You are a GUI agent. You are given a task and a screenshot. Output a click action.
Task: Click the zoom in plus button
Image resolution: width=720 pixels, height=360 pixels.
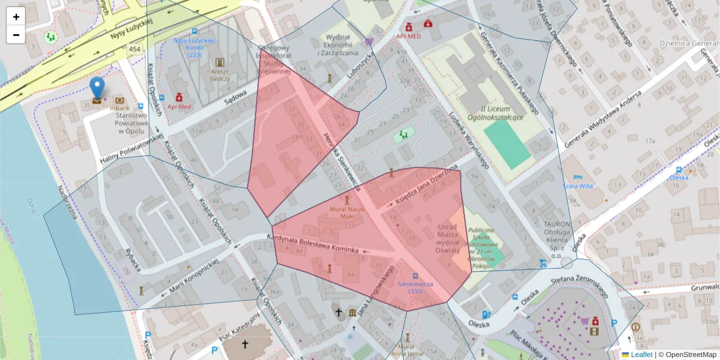pos(16,17)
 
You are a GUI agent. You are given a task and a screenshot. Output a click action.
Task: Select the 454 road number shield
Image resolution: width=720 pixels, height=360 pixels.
pos(134,49)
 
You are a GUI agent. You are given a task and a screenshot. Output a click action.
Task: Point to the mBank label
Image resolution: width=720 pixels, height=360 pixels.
pos(119,108)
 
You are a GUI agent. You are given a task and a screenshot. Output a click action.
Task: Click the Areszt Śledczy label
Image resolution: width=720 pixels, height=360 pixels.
pos(220,74)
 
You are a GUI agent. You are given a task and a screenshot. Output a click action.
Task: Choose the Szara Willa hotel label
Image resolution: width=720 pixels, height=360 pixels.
pos(577,185)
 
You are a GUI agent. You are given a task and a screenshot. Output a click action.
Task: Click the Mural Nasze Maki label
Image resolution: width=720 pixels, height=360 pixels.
pos(347,212)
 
